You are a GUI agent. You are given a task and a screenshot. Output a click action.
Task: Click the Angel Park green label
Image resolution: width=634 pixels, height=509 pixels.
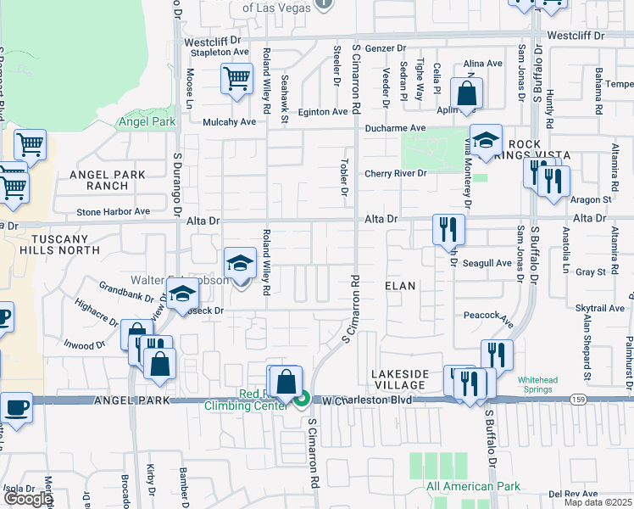coord(147,122)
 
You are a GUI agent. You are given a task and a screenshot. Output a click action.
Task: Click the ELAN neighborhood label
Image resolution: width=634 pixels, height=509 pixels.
coord(401,286)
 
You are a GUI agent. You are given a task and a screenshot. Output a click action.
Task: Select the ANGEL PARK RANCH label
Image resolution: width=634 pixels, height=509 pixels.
coord(108,180)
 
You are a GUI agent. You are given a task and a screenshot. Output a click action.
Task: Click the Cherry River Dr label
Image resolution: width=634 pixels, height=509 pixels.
coord(394,174)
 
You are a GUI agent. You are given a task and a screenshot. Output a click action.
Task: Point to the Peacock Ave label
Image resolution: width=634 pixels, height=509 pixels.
coord(489,319)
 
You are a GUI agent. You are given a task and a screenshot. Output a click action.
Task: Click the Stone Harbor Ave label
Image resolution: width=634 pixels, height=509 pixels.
coord(113,212)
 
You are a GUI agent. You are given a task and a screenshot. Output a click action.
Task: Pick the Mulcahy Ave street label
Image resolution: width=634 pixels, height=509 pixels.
coord(229,122)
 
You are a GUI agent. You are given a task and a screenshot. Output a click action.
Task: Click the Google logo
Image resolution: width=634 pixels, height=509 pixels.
coord(28,499)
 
